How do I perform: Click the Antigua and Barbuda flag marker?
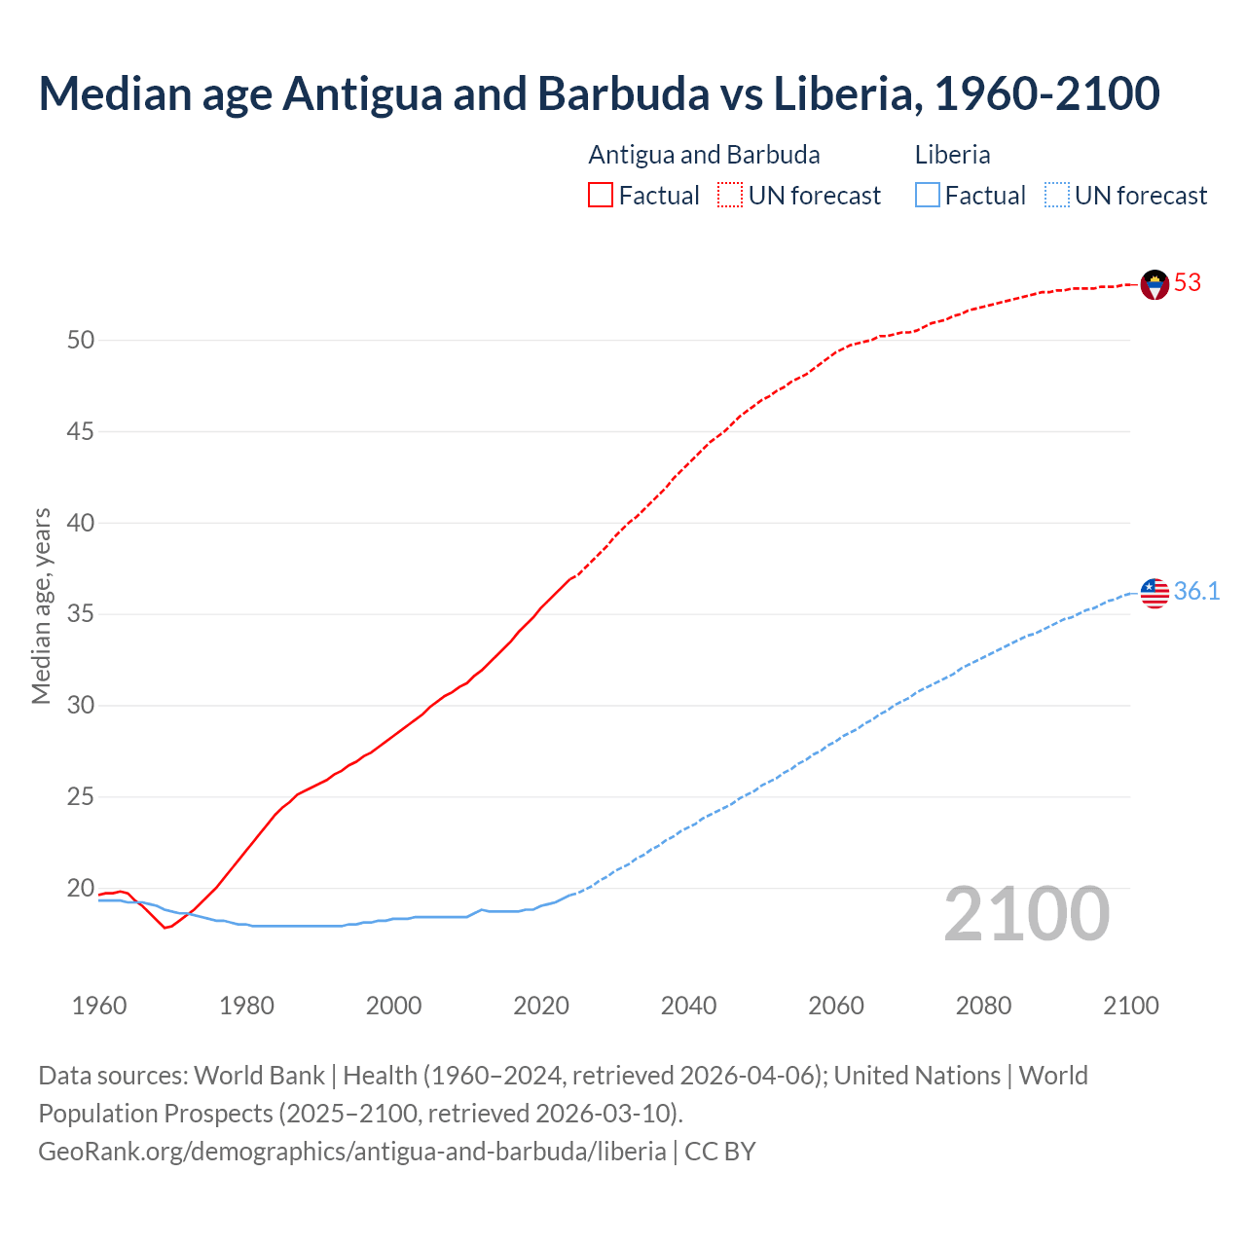(1154, 284)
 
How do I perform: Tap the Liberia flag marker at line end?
(1154, 593)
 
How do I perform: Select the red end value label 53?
(1188, 283)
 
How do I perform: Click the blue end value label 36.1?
(1196, 592)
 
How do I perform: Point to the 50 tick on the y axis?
(81, 341)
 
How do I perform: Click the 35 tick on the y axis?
(81, 614)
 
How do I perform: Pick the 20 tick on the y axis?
(81, 889)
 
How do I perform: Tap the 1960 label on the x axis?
(99, 1006)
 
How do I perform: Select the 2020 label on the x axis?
(541, 1006)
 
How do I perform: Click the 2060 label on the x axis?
(836, 1006)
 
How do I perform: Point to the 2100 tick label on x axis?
(1130, 1006)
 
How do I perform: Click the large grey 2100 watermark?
(1026, 914)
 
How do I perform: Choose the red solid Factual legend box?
(601, 196)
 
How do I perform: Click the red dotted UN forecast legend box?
(730, 196)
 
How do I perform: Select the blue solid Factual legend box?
(928, 196)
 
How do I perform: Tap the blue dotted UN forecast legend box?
(1056, 196)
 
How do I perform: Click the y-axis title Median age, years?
(41, 605)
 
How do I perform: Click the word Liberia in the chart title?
(844, 93)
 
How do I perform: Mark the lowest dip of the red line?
(165, 928)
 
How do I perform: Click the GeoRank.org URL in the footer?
(351, 1152)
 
